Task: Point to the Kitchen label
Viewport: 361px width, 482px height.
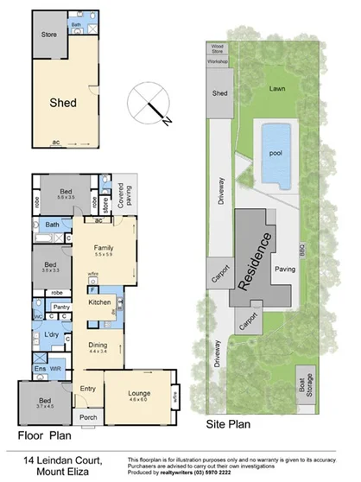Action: click(99, 301)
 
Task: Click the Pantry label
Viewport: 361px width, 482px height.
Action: click(61, 307)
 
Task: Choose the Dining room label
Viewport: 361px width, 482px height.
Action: click(97, 345)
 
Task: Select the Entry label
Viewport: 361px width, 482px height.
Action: click(88, 389)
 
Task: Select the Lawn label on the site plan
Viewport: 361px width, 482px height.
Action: click(277, 88)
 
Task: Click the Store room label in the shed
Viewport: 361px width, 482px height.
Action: click(48, 35)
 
